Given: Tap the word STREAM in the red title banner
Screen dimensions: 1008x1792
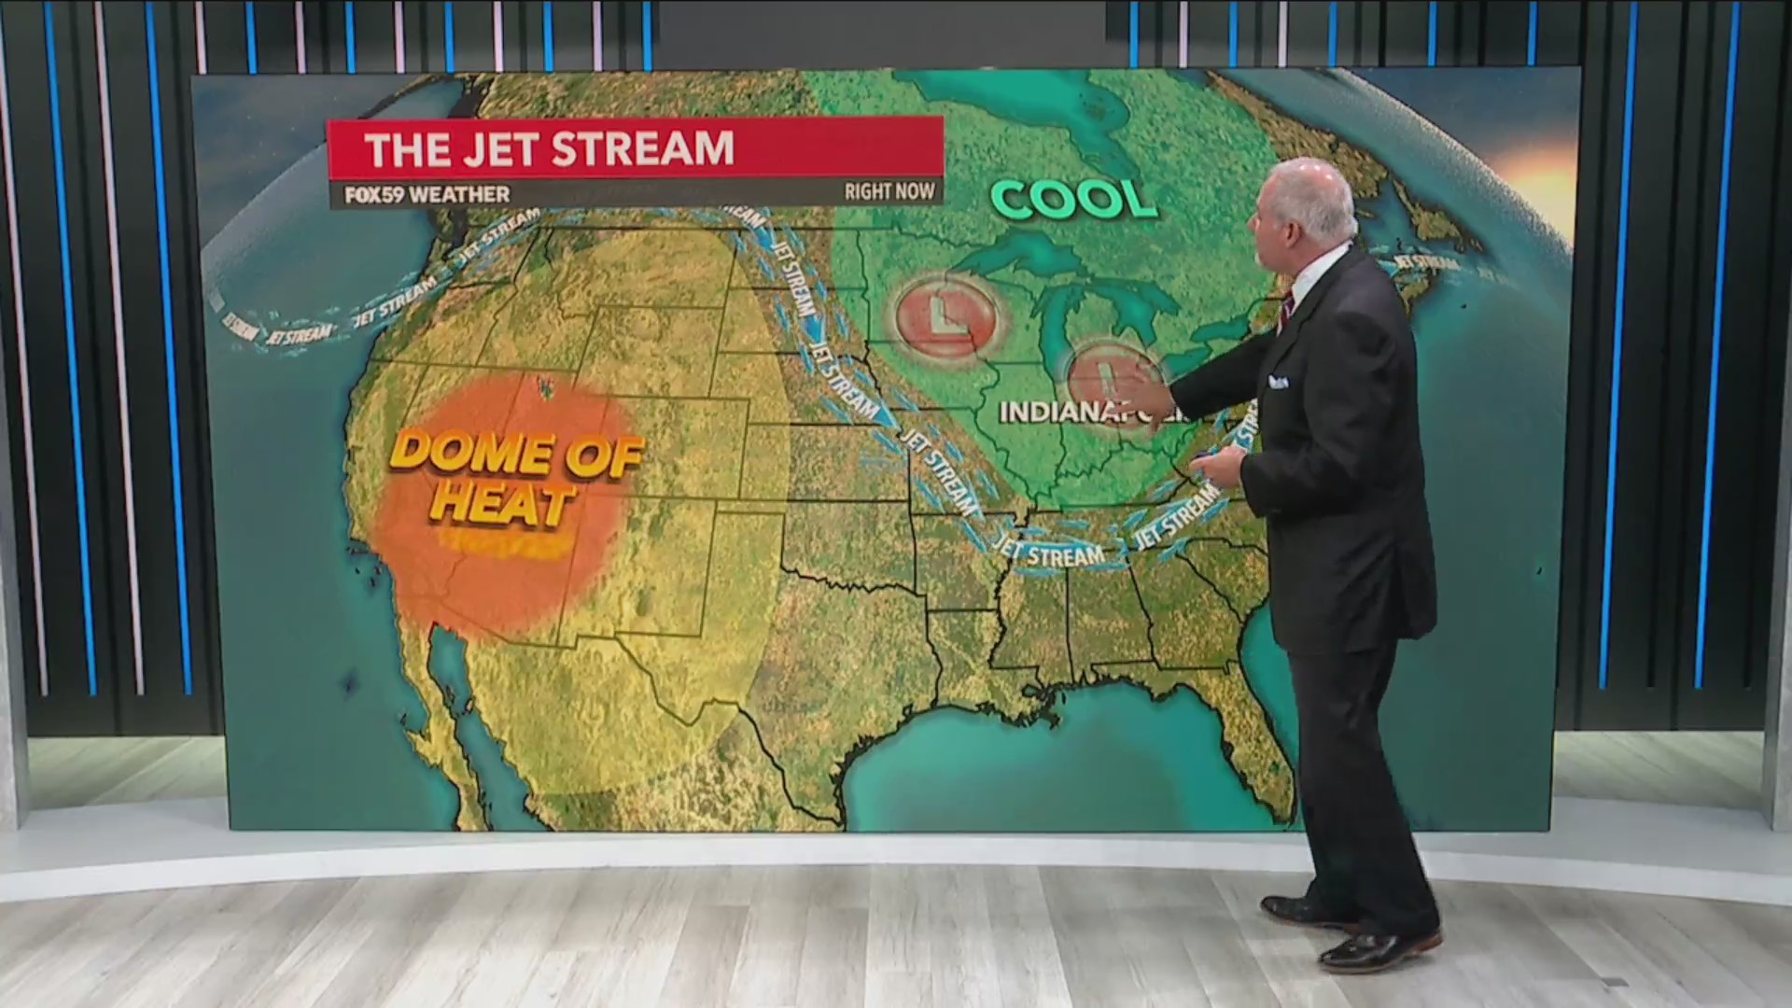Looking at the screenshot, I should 644,149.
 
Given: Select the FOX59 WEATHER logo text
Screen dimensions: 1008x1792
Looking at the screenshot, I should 427,194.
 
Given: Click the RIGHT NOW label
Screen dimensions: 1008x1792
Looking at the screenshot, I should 889,191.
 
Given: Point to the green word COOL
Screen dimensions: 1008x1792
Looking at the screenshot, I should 1073,199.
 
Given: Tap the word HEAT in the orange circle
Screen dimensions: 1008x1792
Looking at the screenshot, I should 501,503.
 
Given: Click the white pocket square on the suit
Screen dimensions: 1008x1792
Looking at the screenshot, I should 1278,382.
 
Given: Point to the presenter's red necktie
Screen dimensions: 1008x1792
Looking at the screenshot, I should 1286,308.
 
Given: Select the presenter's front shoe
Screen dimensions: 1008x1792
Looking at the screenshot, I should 1372,951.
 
